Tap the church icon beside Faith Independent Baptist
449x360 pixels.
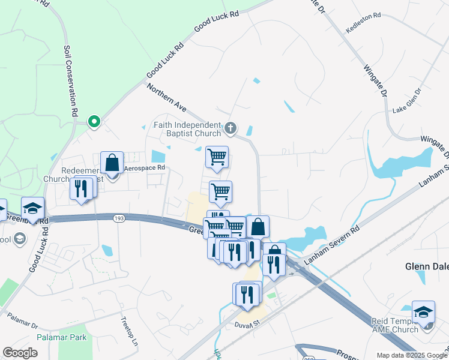click(x=231, y=128)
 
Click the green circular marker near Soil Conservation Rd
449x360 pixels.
click(x=94, y=122)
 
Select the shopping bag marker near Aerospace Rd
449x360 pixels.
click(x=112, y=163)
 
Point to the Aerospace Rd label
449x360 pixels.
click(x=144, y=168)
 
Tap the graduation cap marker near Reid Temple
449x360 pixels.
click(x=423, y=312)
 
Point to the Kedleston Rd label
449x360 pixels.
click(x=364, y=30)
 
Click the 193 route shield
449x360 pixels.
click(x=118, y=218)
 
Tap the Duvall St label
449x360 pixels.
click(x=246, y=323)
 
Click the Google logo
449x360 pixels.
click(x=20, y=352)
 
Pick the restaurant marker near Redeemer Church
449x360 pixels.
click(x=80, y=188)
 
